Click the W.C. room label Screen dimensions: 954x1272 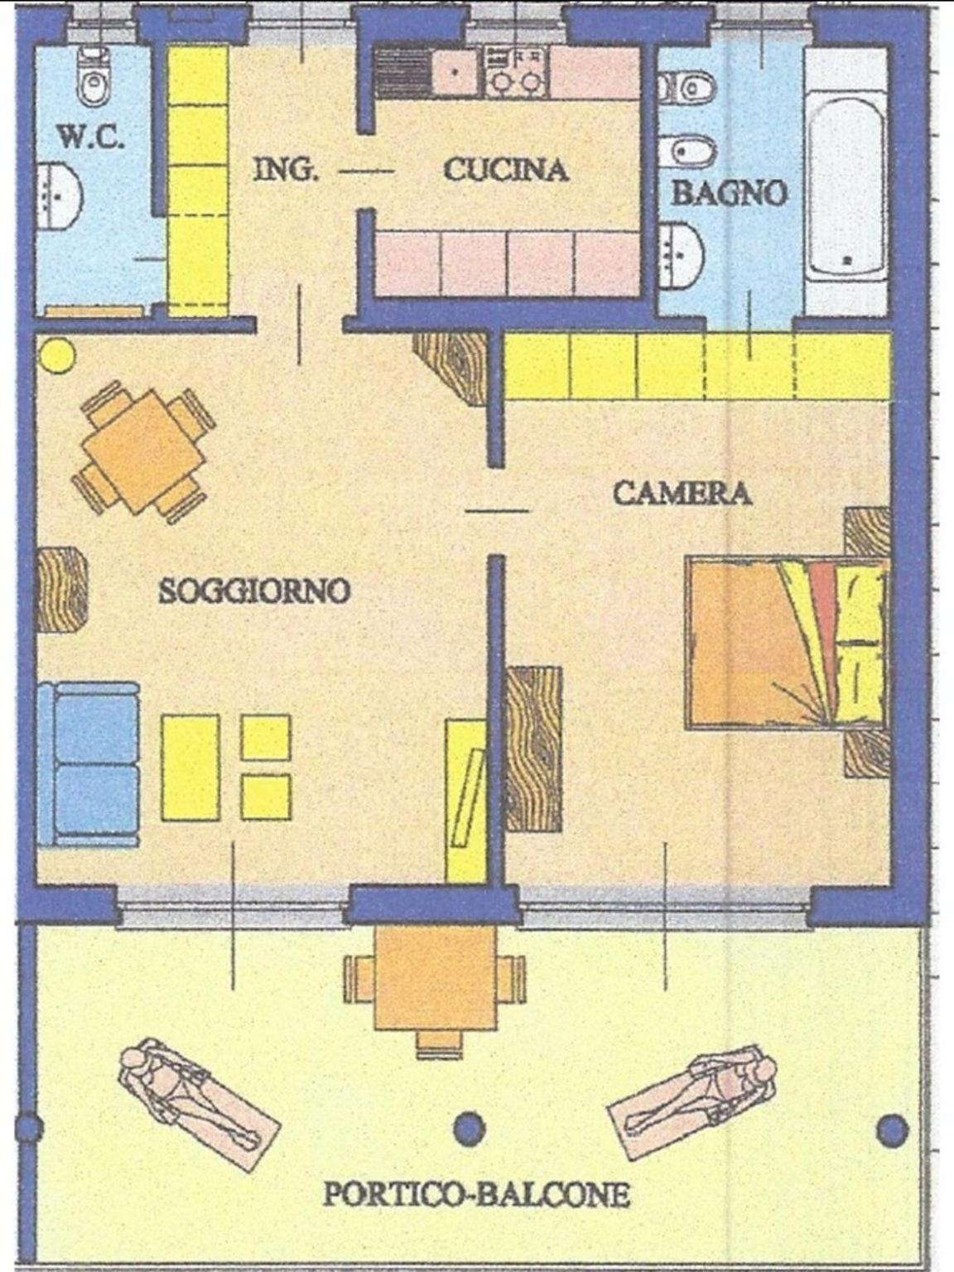[x=92, y=137]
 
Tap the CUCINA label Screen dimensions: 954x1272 [x=506, y=170]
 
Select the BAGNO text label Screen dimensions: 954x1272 [x=730, y=193]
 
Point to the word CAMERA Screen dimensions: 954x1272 [x=682, y=494]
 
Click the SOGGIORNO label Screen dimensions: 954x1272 [x=255, y=591]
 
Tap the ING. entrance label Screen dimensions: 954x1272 [x=287, y=170]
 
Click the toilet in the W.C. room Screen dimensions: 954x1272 [x=94, y=77]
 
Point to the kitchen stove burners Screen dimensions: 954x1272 [x=517, y=72]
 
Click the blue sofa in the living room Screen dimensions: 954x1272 [x=89, y=764]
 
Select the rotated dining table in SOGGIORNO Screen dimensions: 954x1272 [x=143, y=452]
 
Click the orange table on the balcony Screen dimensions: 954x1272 [x=436, y=980]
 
